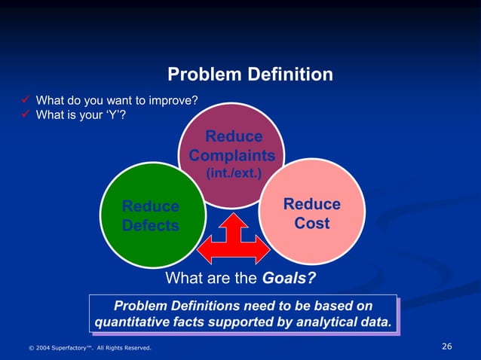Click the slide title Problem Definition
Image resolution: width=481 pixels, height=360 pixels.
pyautogui.click(x=250, y=75)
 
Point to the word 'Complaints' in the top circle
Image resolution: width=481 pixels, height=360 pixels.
pyautogui.click(x=232, y=156)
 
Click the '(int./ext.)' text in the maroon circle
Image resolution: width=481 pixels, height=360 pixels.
pyautogui.click(x=232, y=173)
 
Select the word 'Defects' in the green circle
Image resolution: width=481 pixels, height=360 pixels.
pyautogui.click(x=151, y=225)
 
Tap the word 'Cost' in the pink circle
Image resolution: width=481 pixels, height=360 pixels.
pyautogui.click(x=311, y=224)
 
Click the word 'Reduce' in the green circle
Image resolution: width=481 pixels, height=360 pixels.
pyautogui.click(x=151, y=206)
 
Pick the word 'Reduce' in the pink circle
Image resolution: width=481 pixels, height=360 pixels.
pyautogui.click(x=311, y=204)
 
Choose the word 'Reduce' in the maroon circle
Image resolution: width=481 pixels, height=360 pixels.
pyautogui.click(x=234, y=137)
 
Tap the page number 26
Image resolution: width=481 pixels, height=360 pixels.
pyautogui.click(x=446, y=346)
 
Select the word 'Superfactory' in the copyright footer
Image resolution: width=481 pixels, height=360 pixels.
pyautogui.click(x=78, y=348)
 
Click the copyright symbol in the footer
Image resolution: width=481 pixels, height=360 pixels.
pyautogui.click(x=31, y=348)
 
